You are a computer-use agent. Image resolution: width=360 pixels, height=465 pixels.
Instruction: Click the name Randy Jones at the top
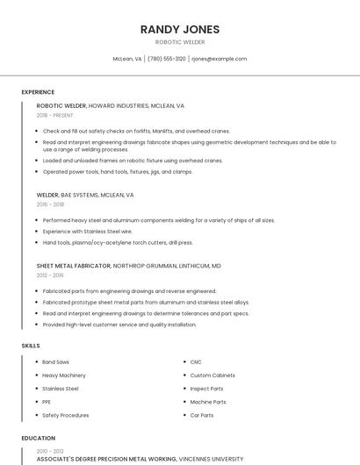coord(180,29)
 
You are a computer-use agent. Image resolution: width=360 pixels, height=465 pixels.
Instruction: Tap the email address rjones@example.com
coord(219,59)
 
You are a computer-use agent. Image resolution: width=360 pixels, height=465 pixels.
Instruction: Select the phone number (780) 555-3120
coord(167,59)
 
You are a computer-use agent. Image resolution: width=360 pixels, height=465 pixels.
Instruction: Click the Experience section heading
coord(38,92)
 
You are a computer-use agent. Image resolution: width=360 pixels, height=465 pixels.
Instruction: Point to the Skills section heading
coord(31,346)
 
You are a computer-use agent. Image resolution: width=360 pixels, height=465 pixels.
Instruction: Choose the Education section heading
coord(38,438)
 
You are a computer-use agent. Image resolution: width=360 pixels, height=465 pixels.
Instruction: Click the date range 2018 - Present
coord(54,115)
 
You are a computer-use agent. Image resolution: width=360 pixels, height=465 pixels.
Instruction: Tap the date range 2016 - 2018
coord(50,204)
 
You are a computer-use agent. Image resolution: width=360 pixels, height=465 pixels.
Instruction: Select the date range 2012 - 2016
coord(50,275)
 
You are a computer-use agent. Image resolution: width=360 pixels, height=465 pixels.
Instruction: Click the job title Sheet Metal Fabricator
coord(73,265)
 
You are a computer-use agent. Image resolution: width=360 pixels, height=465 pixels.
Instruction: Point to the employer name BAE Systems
coord(80,195)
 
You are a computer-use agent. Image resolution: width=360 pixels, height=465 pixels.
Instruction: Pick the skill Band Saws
coord(55,361)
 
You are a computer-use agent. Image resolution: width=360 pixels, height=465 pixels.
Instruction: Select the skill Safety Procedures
coord(65,415)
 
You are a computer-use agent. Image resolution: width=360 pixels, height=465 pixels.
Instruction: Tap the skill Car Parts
coord(202,415)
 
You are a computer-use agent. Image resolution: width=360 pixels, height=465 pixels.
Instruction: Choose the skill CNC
coord(196,361)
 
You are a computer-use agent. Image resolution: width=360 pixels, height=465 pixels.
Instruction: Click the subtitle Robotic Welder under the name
coord(180,41)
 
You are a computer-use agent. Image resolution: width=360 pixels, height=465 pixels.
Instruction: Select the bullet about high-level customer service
coord(119,325)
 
